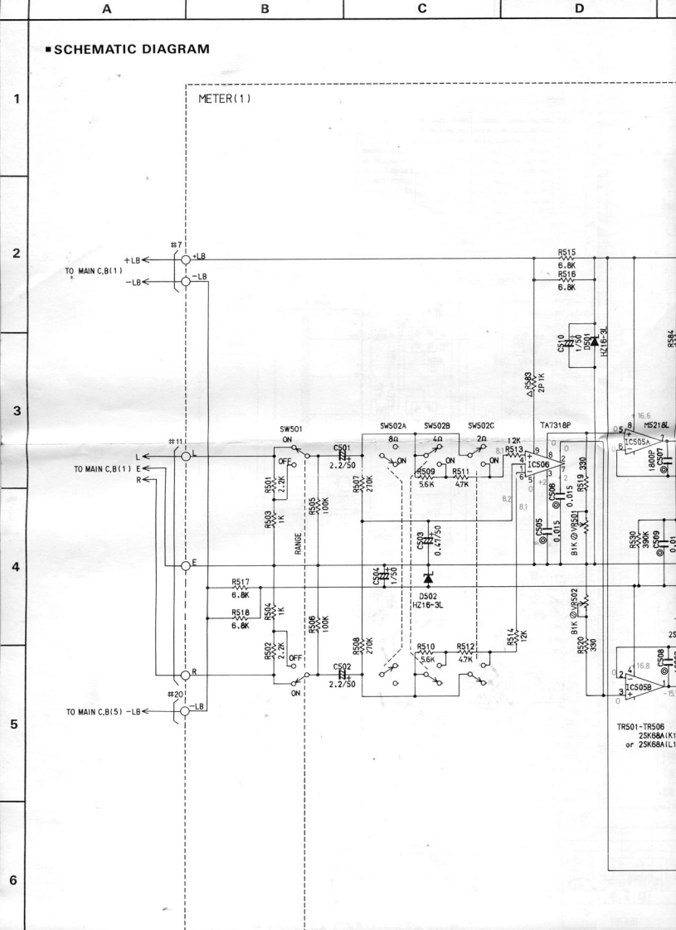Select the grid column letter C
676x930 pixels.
[422, 8]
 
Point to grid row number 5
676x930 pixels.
[13, 724]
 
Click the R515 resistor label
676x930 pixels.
[567, 254]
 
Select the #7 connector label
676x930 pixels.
[175, 245]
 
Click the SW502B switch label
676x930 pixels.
[437, 426]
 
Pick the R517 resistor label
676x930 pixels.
[241, 583]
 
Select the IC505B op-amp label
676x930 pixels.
[640, 687]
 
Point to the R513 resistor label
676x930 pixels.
[515, 450]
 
